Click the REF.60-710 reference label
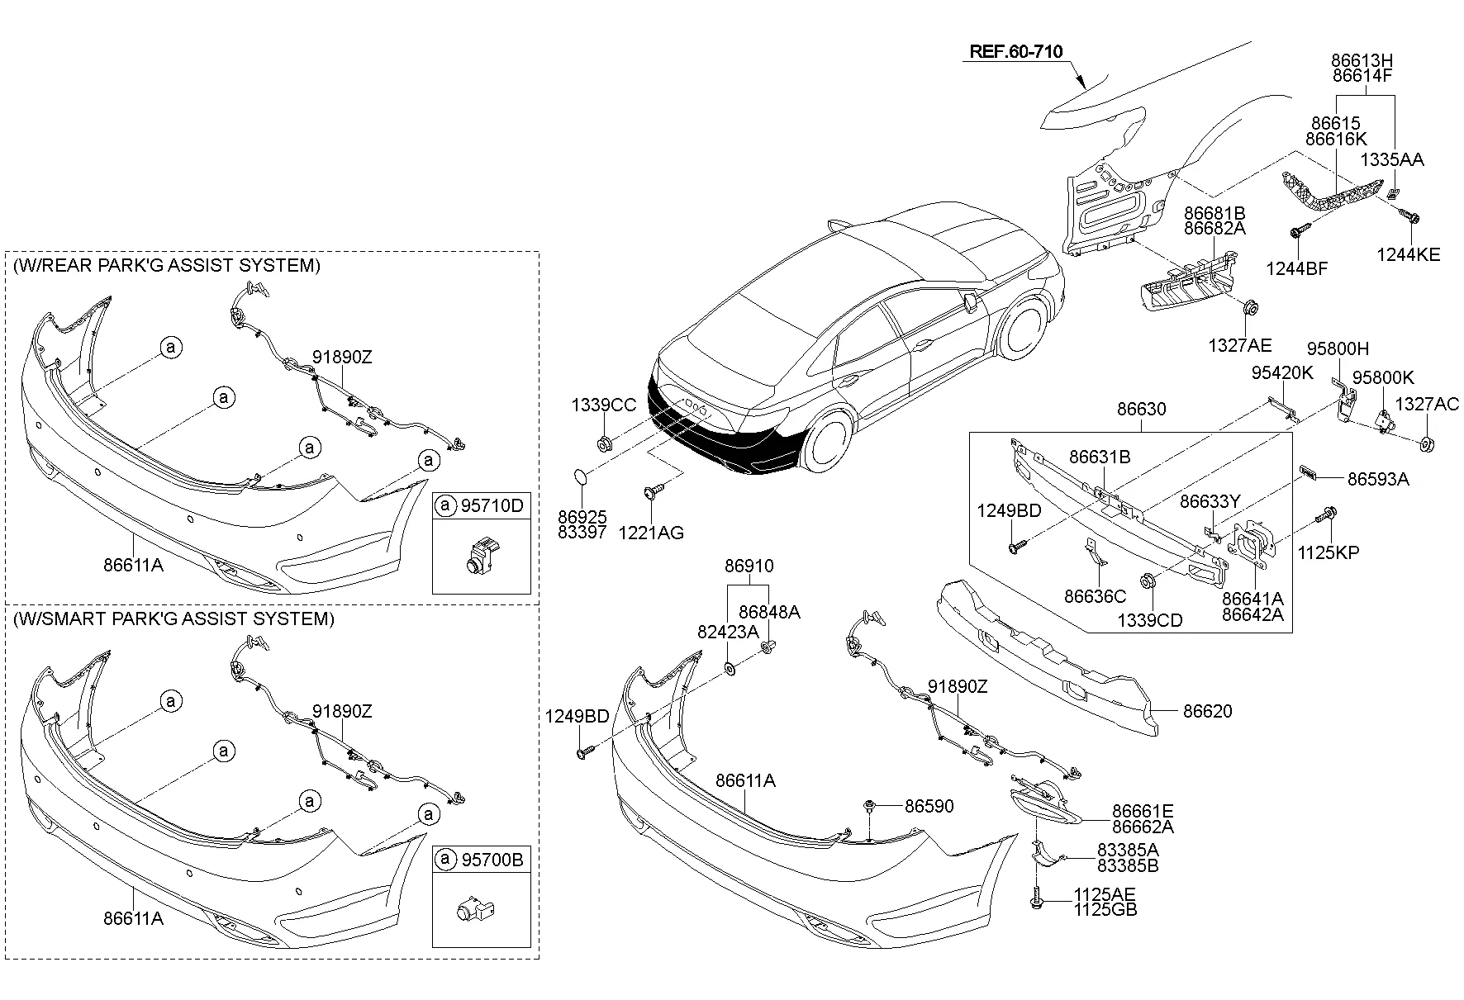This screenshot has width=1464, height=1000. pyautogui.click(x=1015, y=51)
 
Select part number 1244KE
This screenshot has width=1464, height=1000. pyautogui.click(x=1408, y=254)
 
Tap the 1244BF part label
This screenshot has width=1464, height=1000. pyautogui.click(x=1297, y=268)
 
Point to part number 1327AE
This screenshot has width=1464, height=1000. pyautogui.click(x=1240, y=346)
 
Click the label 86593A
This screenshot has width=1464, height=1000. pyautogui.click(x=1378, y=479)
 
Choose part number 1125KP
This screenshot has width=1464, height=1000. pyautogui.click(x=1328, y=553)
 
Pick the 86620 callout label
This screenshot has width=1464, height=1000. pyautogui.click(x=1207, y=711)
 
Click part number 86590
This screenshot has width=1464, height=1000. pyautogui.click(x=929, y=805)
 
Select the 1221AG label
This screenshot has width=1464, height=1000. pyautogui.click(x=651, y=533)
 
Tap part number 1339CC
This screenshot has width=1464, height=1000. pyautogui.click(x=604, y=405)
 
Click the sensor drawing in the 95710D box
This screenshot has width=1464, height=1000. pyautogui.click(x=480, y=556)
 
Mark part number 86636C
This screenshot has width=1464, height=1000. pyautogui.click(x=1095, y=596)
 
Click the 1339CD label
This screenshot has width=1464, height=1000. pyautogui.click(x=1150, y=620)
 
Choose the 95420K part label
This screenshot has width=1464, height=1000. pyautogui.click(x=1281, y=373)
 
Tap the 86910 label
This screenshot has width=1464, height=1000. pyautogui.click(x=749, y=566)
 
